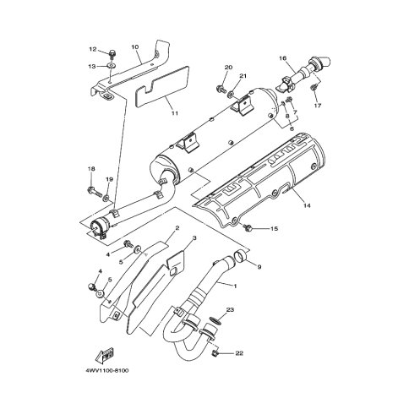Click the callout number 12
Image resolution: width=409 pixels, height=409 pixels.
point(93,49)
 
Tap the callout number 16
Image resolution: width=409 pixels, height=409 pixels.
point(282,58)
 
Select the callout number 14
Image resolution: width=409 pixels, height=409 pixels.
point(307,205)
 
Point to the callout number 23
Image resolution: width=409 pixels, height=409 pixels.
point(230,310)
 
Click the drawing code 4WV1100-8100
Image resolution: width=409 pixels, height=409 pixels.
point(106,370)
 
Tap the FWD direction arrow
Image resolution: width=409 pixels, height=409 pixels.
point(105,354)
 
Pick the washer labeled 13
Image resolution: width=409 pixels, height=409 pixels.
point(112,66)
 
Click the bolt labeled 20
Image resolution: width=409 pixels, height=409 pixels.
point(221,89)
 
